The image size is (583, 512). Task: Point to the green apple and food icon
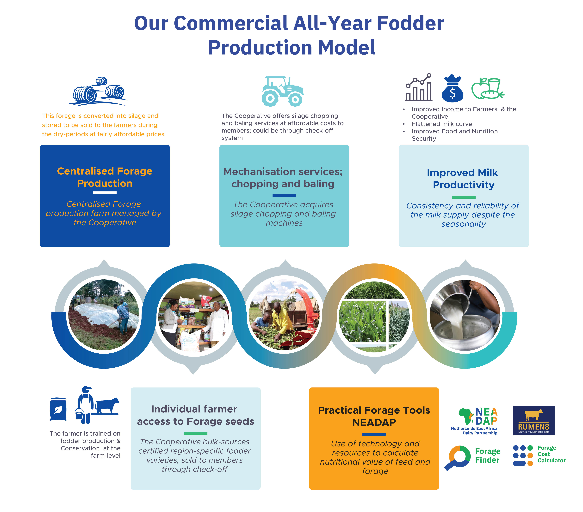pos(487,89)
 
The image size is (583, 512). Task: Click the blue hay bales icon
pos(98,91)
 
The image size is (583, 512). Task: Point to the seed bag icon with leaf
pos(58,409)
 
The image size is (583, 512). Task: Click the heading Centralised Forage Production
pos(105,177)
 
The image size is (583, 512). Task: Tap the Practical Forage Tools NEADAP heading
pos(374,416)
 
